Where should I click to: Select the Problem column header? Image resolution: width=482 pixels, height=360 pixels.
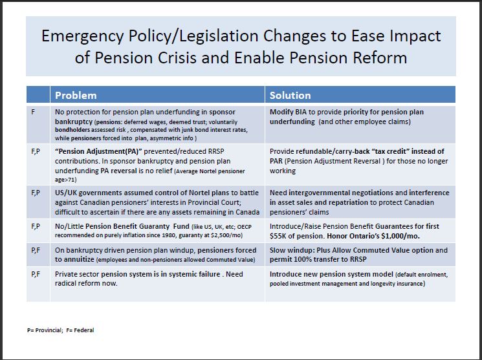pyautogui.click(x=76, y=95)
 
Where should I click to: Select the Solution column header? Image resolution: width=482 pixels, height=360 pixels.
pyautogui.click(x=290, y=95)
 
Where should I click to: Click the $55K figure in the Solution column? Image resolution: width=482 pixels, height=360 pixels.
pyautogui.click(x=278, y=237)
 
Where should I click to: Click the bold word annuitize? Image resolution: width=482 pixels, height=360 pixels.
pyautogui.click(x=75, y=259)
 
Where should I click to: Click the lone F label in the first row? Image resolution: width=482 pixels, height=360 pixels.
pyautogui.click(x=32, y=112)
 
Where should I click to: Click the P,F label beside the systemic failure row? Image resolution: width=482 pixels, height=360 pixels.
pyautogui.click(x=36, y=274)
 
